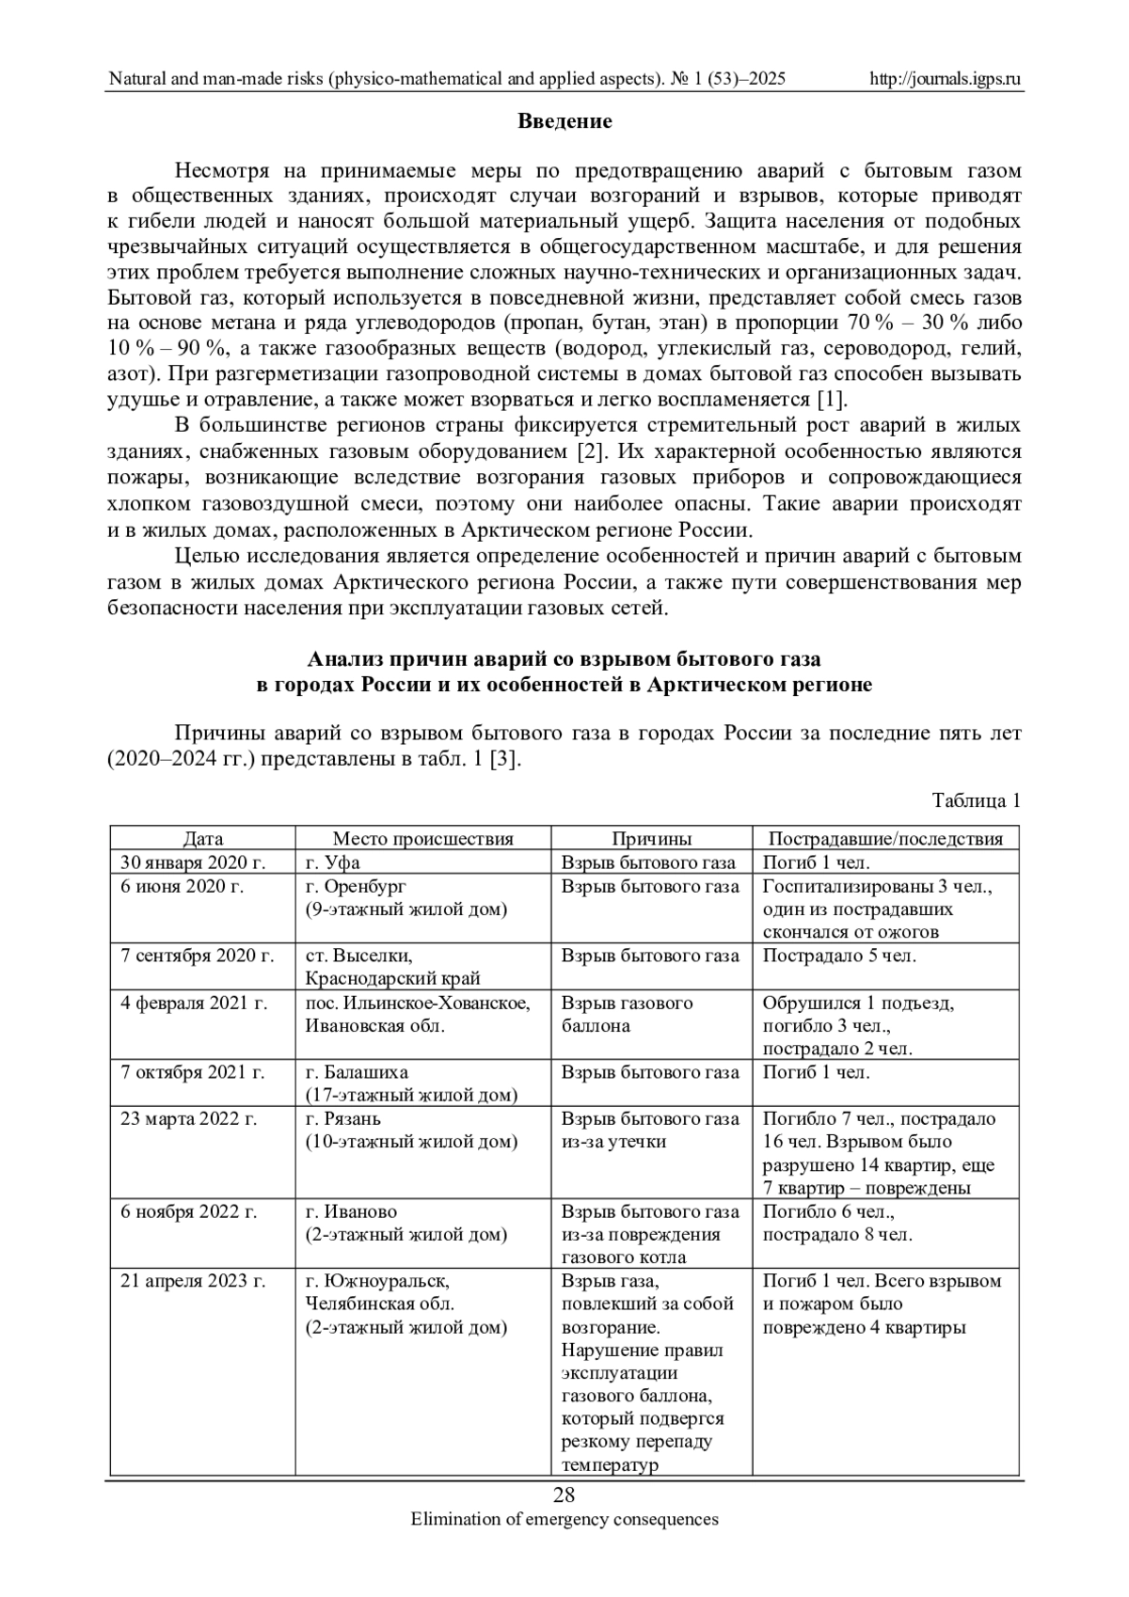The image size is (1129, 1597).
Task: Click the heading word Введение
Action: click(564, 121)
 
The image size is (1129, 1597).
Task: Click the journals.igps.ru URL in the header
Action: click(946, 79)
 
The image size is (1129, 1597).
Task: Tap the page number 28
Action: click(564, 1496)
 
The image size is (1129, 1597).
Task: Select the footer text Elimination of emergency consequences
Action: click(564, 1519)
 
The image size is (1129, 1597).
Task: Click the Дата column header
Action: click(203, 839)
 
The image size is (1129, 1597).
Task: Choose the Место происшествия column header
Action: click(422, 839)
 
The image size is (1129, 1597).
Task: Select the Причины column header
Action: click(652, 839)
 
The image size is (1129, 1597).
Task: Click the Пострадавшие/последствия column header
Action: click(885, 839)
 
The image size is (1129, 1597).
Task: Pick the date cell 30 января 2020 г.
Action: click(193, 862)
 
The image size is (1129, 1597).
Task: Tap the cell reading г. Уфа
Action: click(333, 862)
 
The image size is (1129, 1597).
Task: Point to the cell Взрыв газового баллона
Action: click(627, 1014)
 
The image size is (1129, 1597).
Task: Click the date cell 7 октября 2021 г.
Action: click(193, 1072)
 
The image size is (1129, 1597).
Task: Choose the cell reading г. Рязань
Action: click(343, 1119)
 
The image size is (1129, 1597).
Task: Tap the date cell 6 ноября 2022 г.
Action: click(188, 1211)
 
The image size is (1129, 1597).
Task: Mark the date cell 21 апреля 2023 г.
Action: click(193, 1281)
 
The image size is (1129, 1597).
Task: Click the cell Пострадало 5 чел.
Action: click(838, 956)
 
